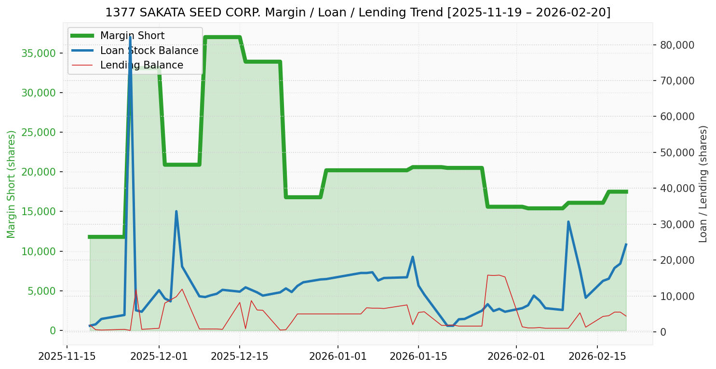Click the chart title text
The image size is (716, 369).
pos(358,13)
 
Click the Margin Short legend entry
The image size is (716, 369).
pos(132,36)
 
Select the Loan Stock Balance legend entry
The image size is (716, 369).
pos(149,51)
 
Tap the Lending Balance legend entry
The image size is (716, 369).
pos(141,65)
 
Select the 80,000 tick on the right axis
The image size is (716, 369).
pos(677,45)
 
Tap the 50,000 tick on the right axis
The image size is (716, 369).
pos(677,152)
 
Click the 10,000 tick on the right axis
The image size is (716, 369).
pos(677,296)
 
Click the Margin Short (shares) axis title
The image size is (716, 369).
pos(12,184)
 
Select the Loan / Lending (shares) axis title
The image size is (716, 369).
pos(703,184)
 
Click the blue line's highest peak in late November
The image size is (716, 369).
pos(130,37)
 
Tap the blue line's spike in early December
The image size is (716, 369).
pos(176,211)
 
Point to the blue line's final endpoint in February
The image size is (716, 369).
pos(626,244)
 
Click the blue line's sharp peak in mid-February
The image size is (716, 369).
pos(568,222)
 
